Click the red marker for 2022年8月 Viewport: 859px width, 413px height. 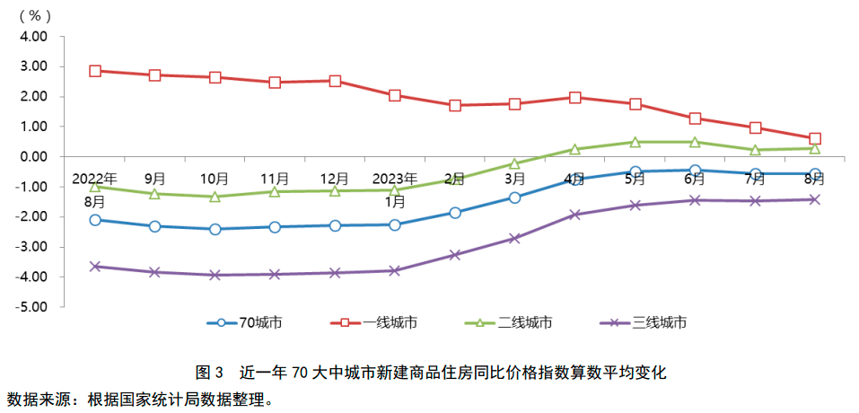(x=95, y=71)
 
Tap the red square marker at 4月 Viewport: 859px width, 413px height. (x=575, y=97)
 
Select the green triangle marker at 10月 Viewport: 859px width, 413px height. (x=215, y=197)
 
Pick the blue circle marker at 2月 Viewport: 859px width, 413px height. (x=455, y=213)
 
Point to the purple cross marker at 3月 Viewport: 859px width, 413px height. (x=515, y=238)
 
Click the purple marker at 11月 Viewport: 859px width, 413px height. (x=275, y=274)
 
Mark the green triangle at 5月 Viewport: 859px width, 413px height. (x=635, y=142)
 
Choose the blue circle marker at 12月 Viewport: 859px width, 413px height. (x=335, y=225)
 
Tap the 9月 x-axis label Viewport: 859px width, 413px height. (x=155, y=178)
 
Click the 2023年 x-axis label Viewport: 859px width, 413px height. (x=395, y=178)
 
